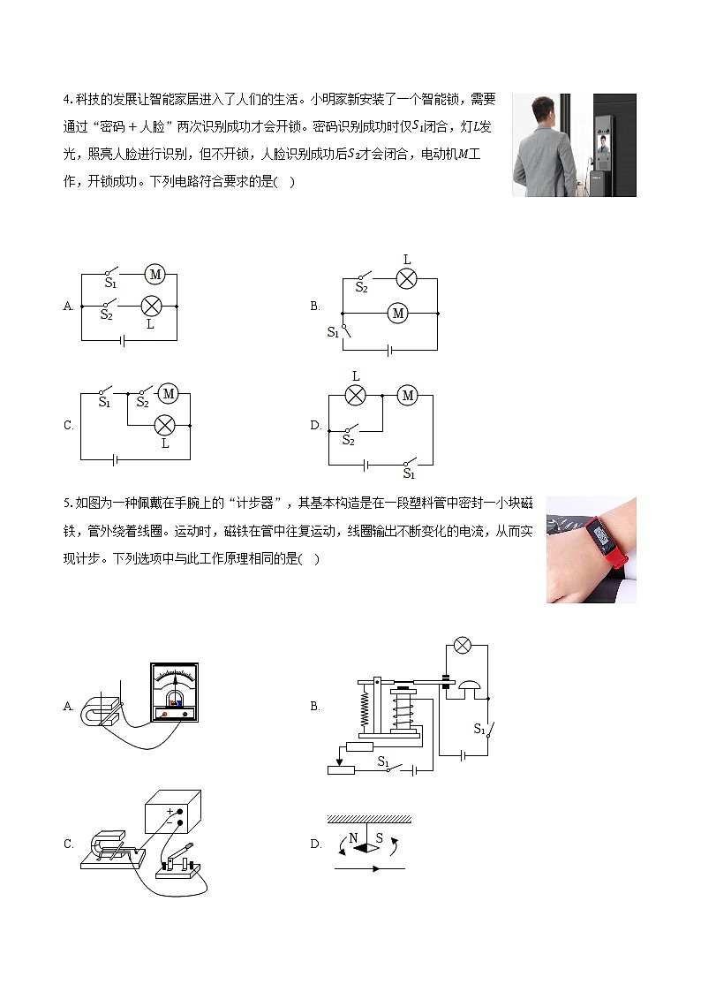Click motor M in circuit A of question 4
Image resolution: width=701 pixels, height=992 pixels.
(155, 275)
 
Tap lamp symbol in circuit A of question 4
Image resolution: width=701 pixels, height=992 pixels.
(151, 306)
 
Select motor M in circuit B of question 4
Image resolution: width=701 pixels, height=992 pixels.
(397, 313)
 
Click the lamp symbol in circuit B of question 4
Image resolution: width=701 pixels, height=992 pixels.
(406, 278)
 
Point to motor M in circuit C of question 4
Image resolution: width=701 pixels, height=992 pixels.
(169, 393)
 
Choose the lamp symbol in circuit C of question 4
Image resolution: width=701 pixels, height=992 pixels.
(164, 425)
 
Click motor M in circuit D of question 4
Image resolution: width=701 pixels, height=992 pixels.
(407, 396)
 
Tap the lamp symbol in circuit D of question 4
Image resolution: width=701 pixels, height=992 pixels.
(355, 396)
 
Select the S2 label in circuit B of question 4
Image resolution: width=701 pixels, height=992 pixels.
(361, 288)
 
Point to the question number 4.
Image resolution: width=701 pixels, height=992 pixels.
(67, 99)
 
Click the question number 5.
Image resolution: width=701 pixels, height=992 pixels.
(67, 504)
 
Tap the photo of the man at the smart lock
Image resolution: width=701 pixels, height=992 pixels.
(574, 145)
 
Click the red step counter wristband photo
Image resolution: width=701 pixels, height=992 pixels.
(591, 549)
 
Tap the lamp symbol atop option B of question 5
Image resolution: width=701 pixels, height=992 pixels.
(460, 646)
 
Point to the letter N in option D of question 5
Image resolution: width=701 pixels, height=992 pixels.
(353, 837)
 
